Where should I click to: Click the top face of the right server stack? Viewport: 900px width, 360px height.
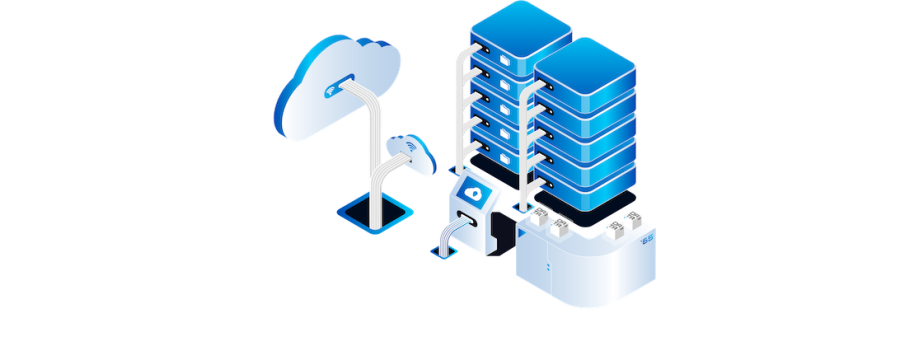coord(585,72)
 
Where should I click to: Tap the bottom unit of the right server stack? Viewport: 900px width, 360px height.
coord(585,185)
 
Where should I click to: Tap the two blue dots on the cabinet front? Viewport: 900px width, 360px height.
coord(547,268)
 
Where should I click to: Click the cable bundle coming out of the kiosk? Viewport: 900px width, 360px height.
coord(447,235)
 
